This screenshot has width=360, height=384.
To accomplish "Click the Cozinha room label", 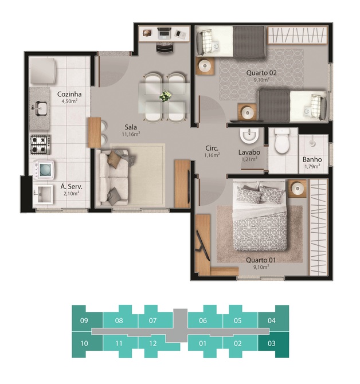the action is pyautogui.click(x=69, y=95).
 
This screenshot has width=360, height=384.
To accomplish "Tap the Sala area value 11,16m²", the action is pyautogui.click(x=131, y=134).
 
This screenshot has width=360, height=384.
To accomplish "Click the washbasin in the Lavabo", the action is pyautogui.click(x=249, y=136).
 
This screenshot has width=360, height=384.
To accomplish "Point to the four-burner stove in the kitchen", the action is pyautogui.click(x=40, y=145).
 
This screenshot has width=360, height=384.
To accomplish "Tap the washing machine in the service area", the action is pyautogui.click(x=44, y=170).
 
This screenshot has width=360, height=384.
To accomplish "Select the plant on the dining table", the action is pyautogui.click(x=165, y=96).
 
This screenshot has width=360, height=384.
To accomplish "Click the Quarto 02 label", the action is pyautogui.click(x=261, y=73).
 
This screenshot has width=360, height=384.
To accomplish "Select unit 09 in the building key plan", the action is pyautogui.click(x=84, y=320).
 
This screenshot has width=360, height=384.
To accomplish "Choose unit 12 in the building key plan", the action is pyautogui.click(x=153, y=343).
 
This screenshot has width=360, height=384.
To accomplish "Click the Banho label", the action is pyautogui.click(x=312, y=160).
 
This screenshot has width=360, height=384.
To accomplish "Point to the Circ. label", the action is pyautogui.click(x=212, y=148).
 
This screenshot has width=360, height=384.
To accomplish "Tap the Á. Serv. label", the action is pyautogui.click(x=71, y=187).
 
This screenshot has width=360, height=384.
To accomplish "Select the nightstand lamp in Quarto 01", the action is pyautogui.click(x=298, y=189).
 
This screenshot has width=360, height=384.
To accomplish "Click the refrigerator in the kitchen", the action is pyautogui.click(x=43, y=70).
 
